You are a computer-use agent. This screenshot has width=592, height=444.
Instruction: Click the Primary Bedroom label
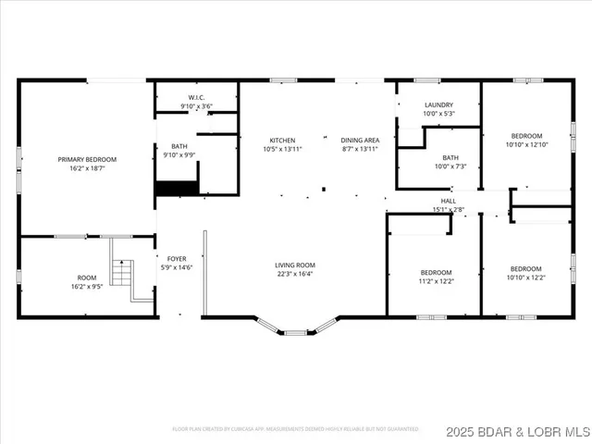[88, 159]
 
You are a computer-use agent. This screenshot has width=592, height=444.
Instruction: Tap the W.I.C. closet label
[196, 97]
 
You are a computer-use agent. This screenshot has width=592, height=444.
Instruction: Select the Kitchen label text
[282, 141]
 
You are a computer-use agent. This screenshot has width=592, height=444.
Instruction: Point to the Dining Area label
[359, 141]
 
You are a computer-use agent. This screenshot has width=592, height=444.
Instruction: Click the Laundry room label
[438, 105]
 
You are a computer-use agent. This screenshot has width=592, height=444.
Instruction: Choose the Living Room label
[294, 265]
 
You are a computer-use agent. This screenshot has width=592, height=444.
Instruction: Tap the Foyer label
[177, 259]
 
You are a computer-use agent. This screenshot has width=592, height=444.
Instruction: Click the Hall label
[448, 201]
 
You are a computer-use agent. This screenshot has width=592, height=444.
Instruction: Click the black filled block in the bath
[177, 188]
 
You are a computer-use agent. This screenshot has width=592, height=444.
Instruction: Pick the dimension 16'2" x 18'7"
[88, 168]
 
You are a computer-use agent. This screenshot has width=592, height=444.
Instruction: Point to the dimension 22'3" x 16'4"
[294, 274]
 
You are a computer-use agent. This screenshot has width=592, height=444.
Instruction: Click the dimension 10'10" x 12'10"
[526, 144]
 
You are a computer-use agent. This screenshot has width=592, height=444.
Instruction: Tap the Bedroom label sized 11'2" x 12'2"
[437, 272]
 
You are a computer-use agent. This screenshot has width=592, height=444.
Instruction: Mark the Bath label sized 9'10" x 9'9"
[179, 146]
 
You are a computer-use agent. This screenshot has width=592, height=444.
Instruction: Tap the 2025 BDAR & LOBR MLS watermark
[517, 432]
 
